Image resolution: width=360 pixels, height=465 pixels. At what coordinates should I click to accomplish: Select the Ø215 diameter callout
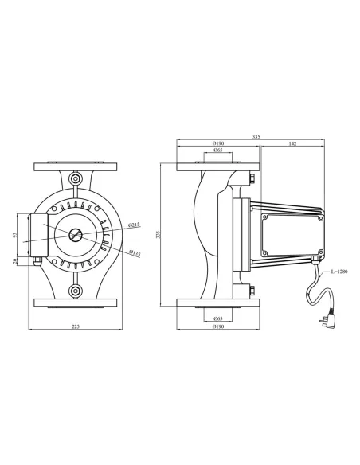(135, 225)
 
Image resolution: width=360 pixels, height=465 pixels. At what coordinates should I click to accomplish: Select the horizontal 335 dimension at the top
(256, 137)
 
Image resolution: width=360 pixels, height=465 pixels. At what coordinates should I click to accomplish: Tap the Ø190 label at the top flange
(217, 143)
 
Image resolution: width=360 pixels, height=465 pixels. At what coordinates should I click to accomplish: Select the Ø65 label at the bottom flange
(217, 317)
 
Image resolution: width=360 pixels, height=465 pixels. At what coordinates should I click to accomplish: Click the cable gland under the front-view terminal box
(36, 260)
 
